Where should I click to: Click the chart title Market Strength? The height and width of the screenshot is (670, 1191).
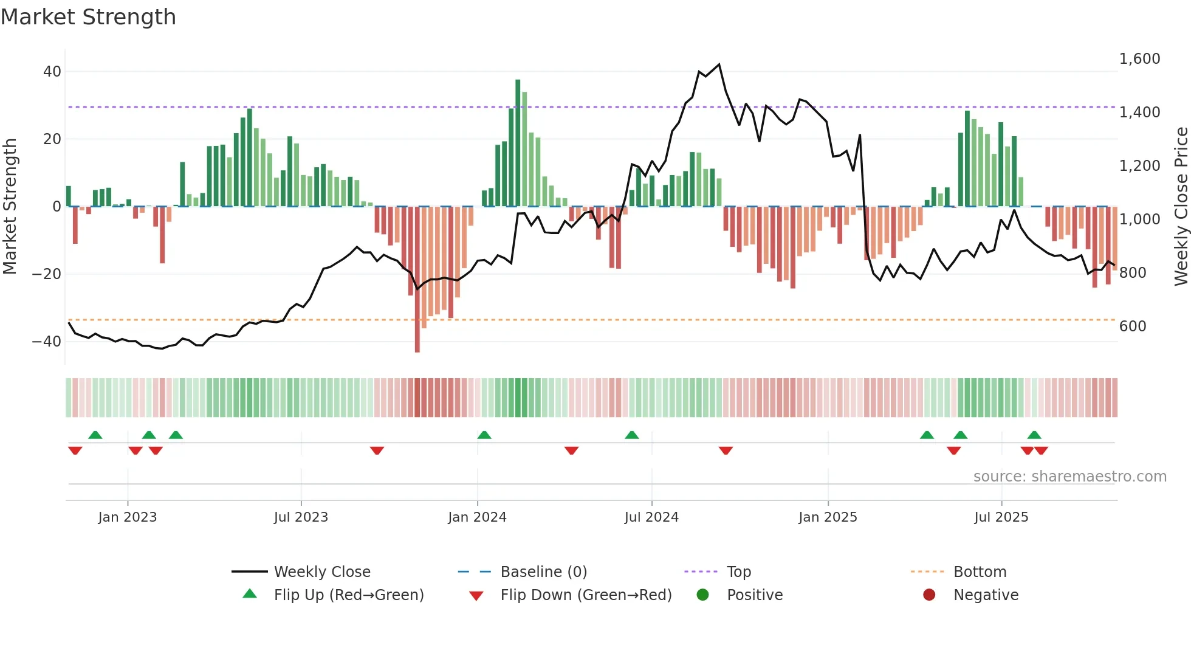pyautogui.click(x=88, y=17)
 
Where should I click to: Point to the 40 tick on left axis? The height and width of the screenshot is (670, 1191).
pyautogui.click(x=52, y=72)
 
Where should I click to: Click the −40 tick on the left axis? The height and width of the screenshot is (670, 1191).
pyautogui.click(x=47, y=342)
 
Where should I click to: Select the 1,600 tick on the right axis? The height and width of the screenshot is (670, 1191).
pyautogui.click(x=1139, y=59)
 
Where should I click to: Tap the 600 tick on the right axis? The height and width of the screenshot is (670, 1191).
pyautogui.click(x=1133, y=326)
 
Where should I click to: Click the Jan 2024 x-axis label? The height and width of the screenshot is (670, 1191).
pyautogui.click(x=477, y=517)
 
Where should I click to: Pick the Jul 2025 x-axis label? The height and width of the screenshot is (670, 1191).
pyautogui.click(x=1001, y=517)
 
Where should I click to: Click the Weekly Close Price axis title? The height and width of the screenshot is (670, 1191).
pyautogui.click(x=1181, y=207)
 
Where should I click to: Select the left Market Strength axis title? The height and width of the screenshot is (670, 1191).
pyautogui.click(x=10, y=207)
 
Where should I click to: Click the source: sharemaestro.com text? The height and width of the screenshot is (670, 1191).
pyautogui.click(x=1069, y=477)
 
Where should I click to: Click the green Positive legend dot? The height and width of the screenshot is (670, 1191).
pyautogui.click(x=703, y=595)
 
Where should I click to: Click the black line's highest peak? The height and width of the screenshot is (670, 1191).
pyautogui.click(x=719, y=64)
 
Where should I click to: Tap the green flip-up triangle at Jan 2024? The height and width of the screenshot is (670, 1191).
pyautogui.click(x=484, y=435)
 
